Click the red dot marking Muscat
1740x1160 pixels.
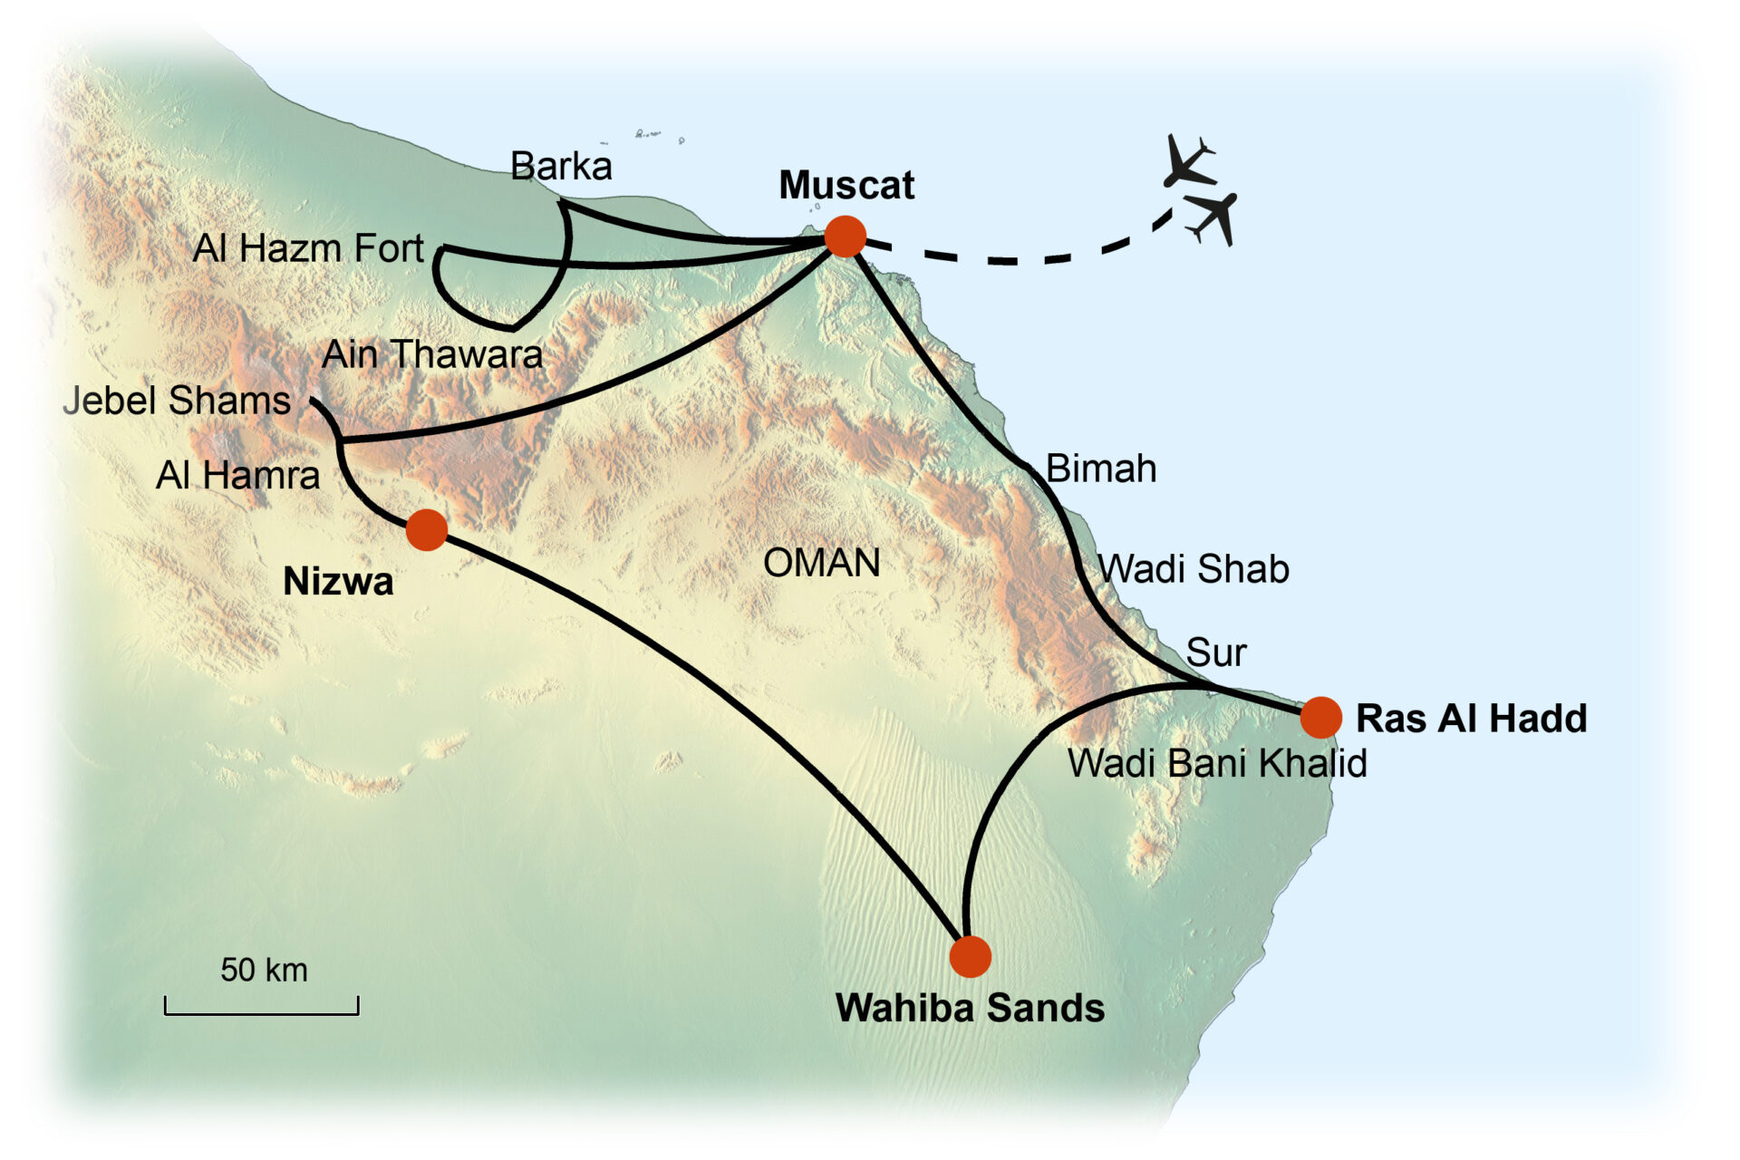tap(845, 237)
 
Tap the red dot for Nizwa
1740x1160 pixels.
tap(426, 529)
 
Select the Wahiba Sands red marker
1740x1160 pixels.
tap(970, 957)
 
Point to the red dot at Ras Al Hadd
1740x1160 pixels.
tap(1320, 718)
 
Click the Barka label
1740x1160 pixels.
tap(561, 167)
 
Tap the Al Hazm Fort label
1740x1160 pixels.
tap(308, 248)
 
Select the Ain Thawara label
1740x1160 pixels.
tap(432, 354)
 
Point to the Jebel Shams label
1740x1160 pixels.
tap(177, 401)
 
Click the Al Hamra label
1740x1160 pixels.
tap(237, 475)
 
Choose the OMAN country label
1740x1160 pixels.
tap(821, 563)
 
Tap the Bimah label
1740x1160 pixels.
tap(1101, 469)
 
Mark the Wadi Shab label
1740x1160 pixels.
tap(1194, 569)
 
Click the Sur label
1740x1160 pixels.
tap(1216, 652)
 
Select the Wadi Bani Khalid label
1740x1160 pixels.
tap(1217, 763)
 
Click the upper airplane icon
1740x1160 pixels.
tap(1187, 160)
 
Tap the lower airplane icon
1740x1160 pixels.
tap(1213, 217)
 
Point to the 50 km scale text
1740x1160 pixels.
tap(264, 971)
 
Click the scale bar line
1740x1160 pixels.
tap(261, 1012)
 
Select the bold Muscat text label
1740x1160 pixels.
tap(846, 186)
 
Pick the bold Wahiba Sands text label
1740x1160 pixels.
tap(970, 1008)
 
